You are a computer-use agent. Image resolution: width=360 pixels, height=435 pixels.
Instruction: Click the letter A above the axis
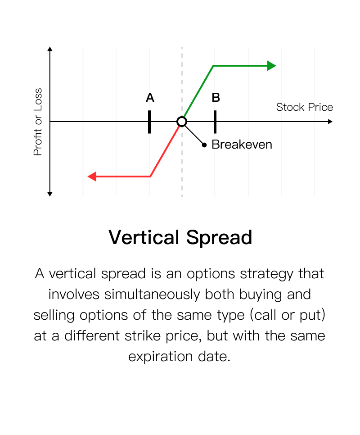pyautogui.click(x=150, y=98)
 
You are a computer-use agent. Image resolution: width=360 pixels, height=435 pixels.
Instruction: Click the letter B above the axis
pyautogui.click(x=216, y=98)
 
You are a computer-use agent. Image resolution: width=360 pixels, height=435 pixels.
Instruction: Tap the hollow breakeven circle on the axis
pyautogui.click(x=182, y=122)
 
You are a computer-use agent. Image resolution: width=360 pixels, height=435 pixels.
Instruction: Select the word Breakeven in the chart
pyautogui.click(x=242, y=145)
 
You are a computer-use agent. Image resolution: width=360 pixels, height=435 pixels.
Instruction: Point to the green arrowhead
pyautogui.click(x=272, y=66)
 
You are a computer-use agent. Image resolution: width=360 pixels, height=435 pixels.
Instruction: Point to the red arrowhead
pyautogui.click(x=92, y=177)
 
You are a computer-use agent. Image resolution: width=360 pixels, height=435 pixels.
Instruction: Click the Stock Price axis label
pyautogui.click(x=304, y=107)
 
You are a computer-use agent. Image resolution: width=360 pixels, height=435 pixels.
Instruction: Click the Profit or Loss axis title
pyautogui.click(x=38, y=122)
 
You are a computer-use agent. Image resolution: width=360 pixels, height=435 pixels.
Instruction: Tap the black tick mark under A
pyautogui.click(x=149, y=122)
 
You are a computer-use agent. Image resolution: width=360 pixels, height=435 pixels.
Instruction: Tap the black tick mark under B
pyautogui.click(x=215, y=122)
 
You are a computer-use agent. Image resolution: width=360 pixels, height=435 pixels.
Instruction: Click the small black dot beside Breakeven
pyautogui.click(x=204, y=145)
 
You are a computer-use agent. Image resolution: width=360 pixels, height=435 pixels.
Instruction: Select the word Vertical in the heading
pyautogui.click(x=144, y=237)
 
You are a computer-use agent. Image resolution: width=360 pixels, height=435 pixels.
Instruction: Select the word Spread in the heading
pyautogui.click(x=219, y=238)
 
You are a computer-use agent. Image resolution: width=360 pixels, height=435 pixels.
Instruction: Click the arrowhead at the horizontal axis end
pyautogui.click(x=330, y=122)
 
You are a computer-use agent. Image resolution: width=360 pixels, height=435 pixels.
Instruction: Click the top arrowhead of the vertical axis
pyautogui.click(x=50, y=49)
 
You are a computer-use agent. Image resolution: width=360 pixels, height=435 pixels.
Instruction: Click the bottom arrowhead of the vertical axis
pyautogui.click(x=50, y=194)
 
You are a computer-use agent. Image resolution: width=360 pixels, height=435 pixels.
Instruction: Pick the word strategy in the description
pyautogui.click(x=266, y=274)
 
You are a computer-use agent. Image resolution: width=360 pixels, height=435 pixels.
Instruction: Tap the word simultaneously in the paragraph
pyautogui.click(x=152, y=295)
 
